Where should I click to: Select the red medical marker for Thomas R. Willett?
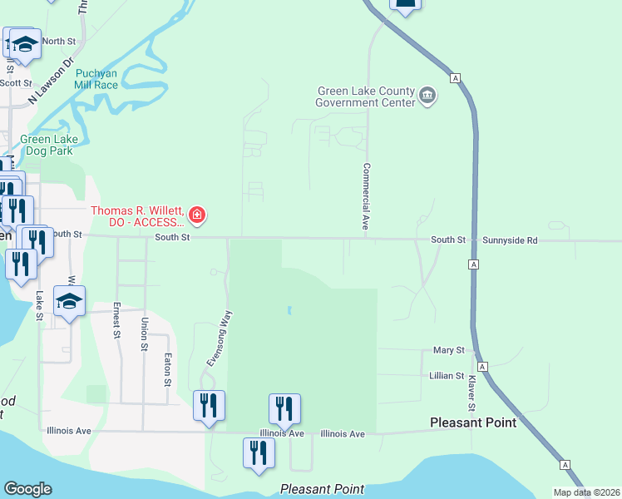click(x=198, y=216)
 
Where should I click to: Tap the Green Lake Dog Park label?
click(x=47, y=145)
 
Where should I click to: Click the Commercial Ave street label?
click(x=364, y=196)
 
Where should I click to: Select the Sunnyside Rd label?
click(x=510, y=240)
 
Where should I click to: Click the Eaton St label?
click(x=167, y=369)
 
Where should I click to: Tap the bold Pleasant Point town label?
click(x=473, y=422)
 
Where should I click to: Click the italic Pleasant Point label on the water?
click(x=322, y=489)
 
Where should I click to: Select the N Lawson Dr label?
click(x=52, y=81)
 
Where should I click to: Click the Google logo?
click(x=27, y=489)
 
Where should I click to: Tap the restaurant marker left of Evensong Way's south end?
click(x=208, y=406)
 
